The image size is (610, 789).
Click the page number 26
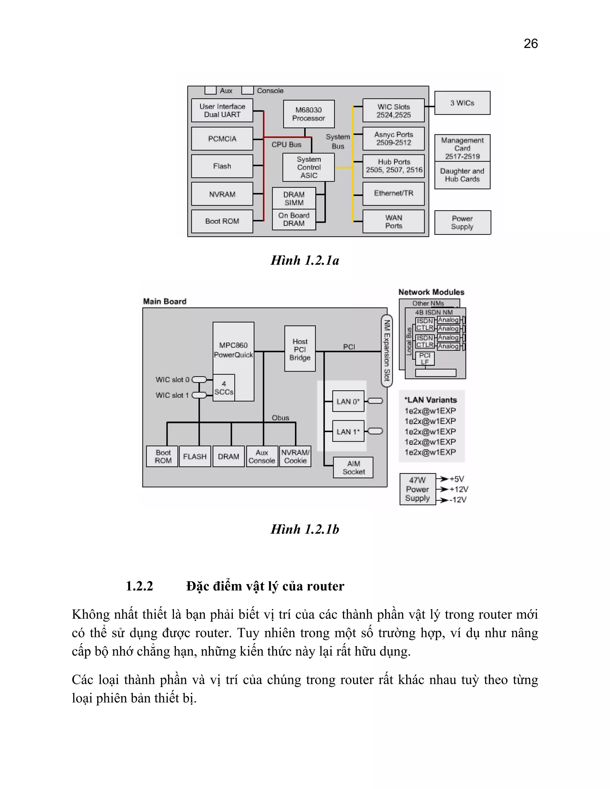(x=530, y=44)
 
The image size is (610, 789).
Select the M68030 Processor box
(x=309, y=114)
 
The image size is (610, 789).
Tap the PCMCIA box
(x=222, y=139)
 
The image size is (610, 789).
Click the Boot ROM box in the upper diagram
(x=222, y=221)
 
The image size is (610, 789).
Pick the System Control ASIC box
(x=309, y=167)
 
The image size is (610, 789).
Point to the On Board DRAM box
(x=294, y=219)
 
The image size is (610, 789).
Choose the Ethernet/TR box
(x=393, y=194)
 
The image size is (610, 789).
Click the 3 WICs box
(x=462, y=103)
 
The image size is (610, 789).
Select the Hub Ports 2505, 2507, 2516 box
(x=393, y=166)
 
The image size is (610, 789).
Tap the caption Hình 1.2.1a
(x=305, y=261)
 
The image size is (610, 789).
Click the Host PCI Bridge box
(x=300, y=349)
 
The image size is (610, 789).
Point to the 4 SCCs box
(x=224, y=388)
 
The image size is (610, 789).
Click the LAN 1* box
(x=348, y=431)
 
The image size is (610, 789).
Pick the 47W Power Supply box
(x=417, y=489)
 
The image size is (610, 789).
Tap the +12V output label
(x=459, y=489)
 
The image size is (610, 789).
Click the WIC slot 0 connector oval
(x=199, y=379)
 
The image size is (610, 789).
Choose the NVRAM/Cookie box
(x=295, y=456)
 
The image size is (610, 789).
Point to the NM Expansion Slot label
(x=387, y=350)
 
